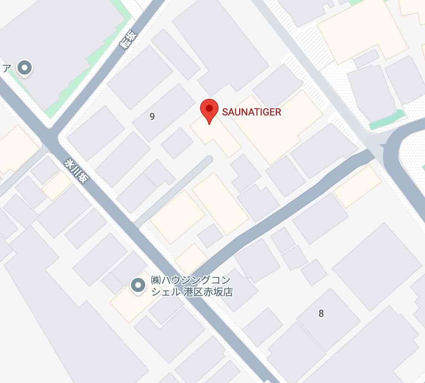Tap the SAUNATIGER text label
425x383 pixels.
click(251, 112)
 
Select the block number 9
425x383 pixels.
click(152, 117)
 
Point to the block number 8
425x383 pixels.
click(321, 313)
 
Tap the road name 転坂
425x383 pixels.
click(128, 40)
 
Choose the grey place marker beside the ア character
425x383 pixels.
click(25, 68)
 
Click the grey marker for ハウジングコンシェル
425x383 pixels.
click(138, 285)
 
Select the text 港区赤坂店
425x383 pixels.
click(208, 292)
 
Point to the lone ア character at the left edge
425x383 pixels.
click(5, 68)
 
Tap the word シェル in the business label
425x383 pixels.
click(166, 292)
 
